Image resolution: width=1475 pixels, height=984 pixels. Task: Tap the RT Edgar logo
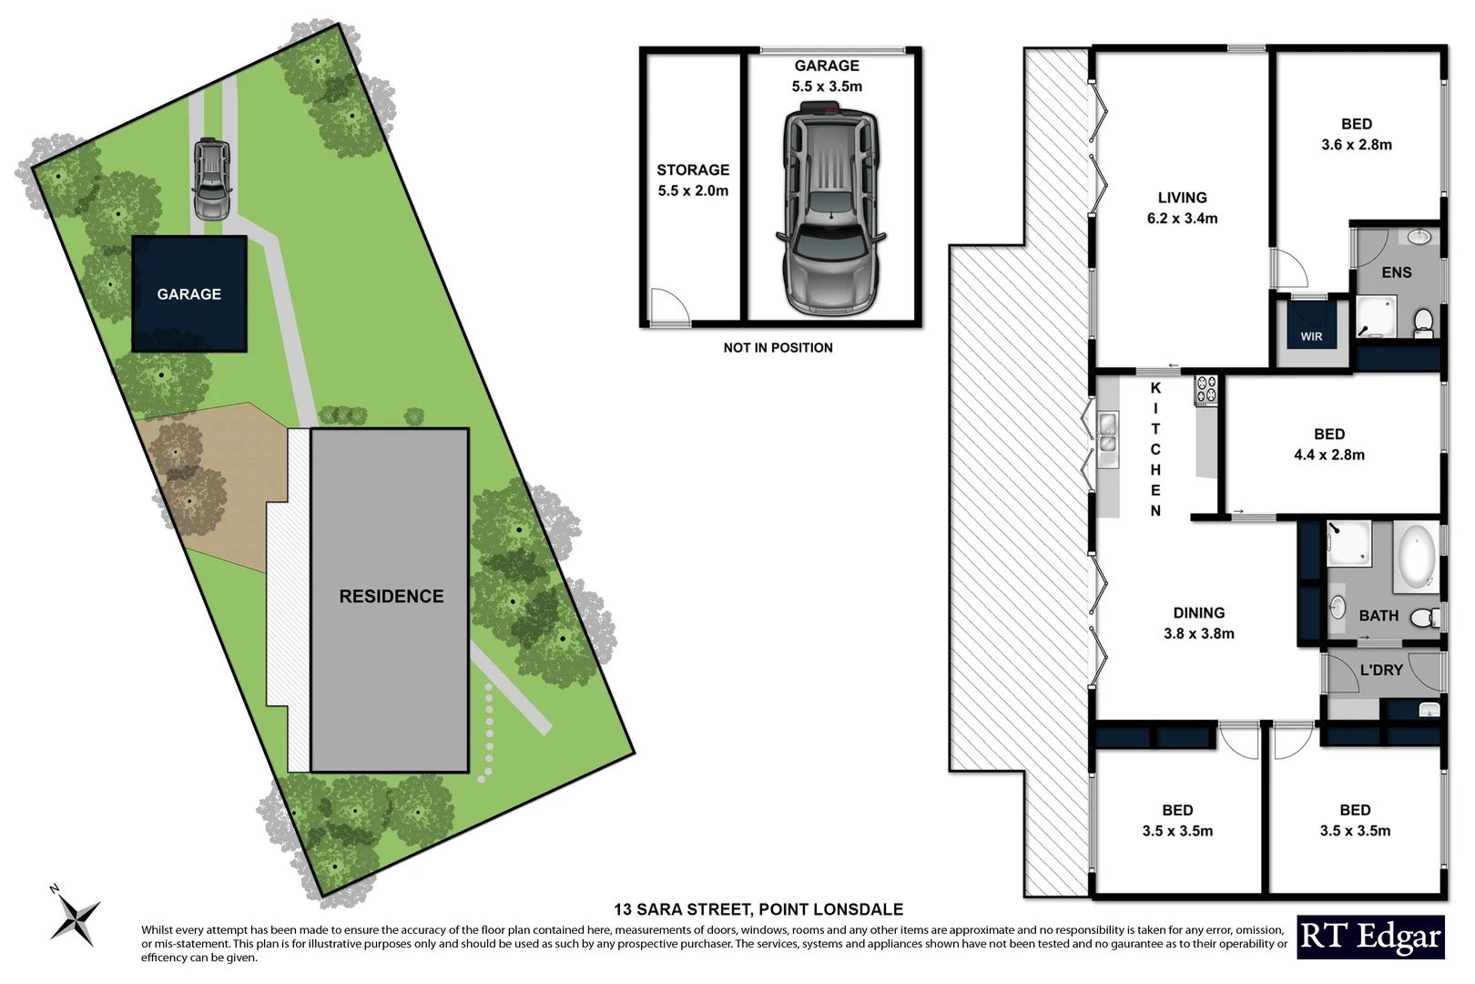(1370, 938)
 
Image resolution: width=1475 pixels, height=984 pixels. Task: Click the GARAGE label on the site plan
(188, 294)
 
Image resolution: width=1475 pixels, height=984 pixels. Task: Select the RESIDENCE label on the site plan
(392, 597)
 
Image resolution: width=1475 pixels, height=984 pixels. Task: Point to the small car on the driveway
(211, 179)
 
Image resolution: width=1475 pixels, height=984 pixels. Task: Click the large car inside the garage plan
(829, 210)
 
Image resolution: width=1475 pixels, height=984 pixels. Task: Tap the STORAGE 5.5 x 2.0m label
(693, 180)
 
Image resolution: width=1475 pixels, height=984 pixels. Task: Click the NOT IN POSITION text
(778, 348)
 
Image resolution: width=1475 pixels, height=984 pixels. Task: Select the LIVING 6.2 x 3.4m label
(1182, 208)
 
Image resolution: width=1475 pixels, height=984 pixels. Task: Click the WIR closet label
(1311, 336)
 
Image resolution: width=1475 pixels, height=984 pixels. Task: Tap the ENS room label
(1396, 272)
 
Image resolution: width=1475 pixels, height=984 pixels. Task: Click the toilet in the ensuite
(1423, 322)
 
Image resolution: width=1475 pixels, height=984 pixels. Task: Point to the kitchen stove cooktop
(1206, 390)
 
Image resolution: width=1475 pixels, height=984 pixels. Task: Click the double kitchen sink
(1107, 434)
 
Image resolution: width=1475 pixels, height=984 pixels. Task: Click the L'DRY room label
(1380, 671)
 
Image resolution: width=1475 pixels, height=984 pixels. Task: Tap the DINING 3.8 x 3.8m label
(1198, 623)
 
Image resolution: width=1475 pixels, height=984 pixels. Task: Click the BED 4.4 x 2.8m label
(1328, 445)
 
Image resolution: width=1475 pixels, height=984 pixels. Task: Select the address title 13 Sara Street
(758, 909)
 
